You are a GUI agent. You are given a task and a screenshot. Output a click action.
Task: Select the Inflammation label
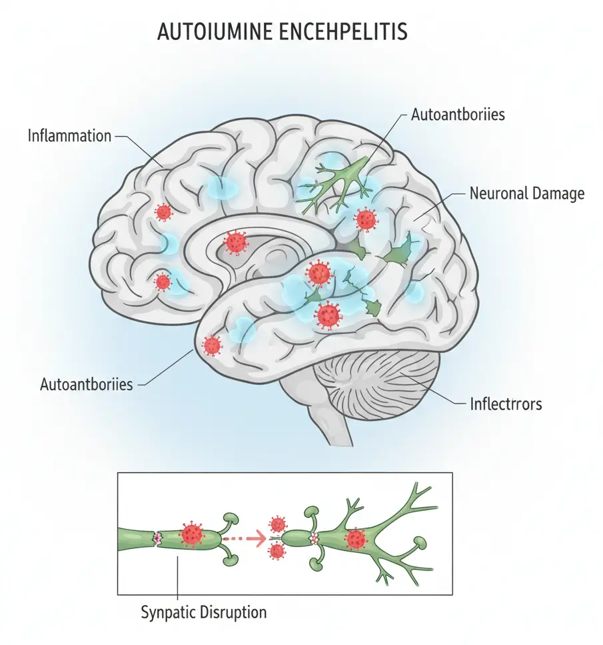[69, 136]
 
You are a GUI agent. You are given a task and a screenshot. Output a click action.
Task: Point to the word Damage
[559, 193]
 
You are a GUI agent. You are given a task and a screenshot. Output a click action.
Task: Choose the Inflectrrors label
[506, 404]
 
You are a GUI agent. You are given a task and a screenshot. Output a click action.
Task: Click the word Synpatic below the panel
[169, 611]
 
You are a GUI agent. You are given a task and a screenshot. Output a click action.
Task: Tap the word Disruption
[233, 611]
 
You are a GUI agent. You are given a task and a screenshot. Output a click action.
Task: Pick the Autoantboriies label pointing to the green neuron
[458, 114]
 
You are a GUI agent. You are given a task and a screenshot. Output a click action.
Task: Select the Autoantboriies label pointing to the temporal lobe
[87, 384]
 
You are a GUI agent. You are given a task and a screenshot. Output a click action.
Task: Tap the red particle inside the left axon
[193, 534]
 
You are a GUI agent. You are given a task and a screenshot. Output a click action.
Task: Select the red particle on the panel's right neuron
[356, 538]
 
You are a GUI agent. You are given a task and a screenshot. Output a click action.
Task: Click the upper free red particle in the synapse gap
[277, 524]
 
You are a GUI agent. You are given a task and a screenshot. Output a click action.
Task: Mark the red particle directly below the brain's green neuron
[365, 219]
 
